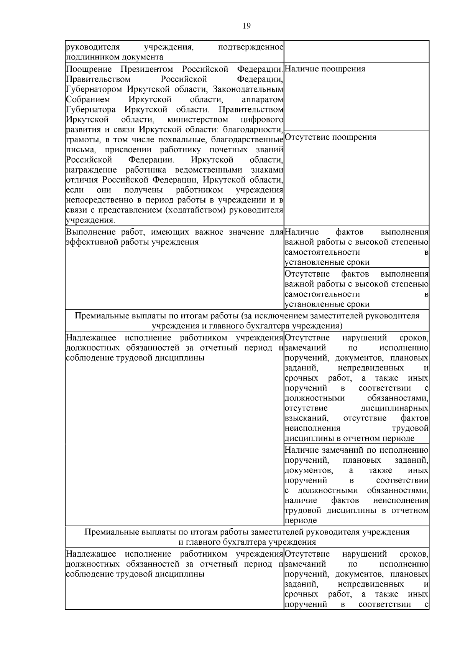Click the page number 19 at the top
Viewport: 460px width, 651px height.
click(246, 26)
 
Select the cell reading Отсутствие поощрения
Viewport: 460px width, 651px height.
click(330, 137)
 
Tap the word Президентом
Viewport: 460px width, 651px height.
click(147, 69)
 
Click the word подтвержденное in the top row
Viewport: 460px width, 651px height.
click(250, 47)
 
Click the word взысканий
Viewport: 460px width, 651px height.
click(306, 418)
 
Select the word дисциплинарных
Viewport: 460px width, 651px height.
click(394, 408)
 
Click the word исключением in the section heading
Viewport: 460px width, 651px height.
click(292, 316)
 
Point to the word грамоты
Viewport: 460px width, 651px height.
click(80, 140)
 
